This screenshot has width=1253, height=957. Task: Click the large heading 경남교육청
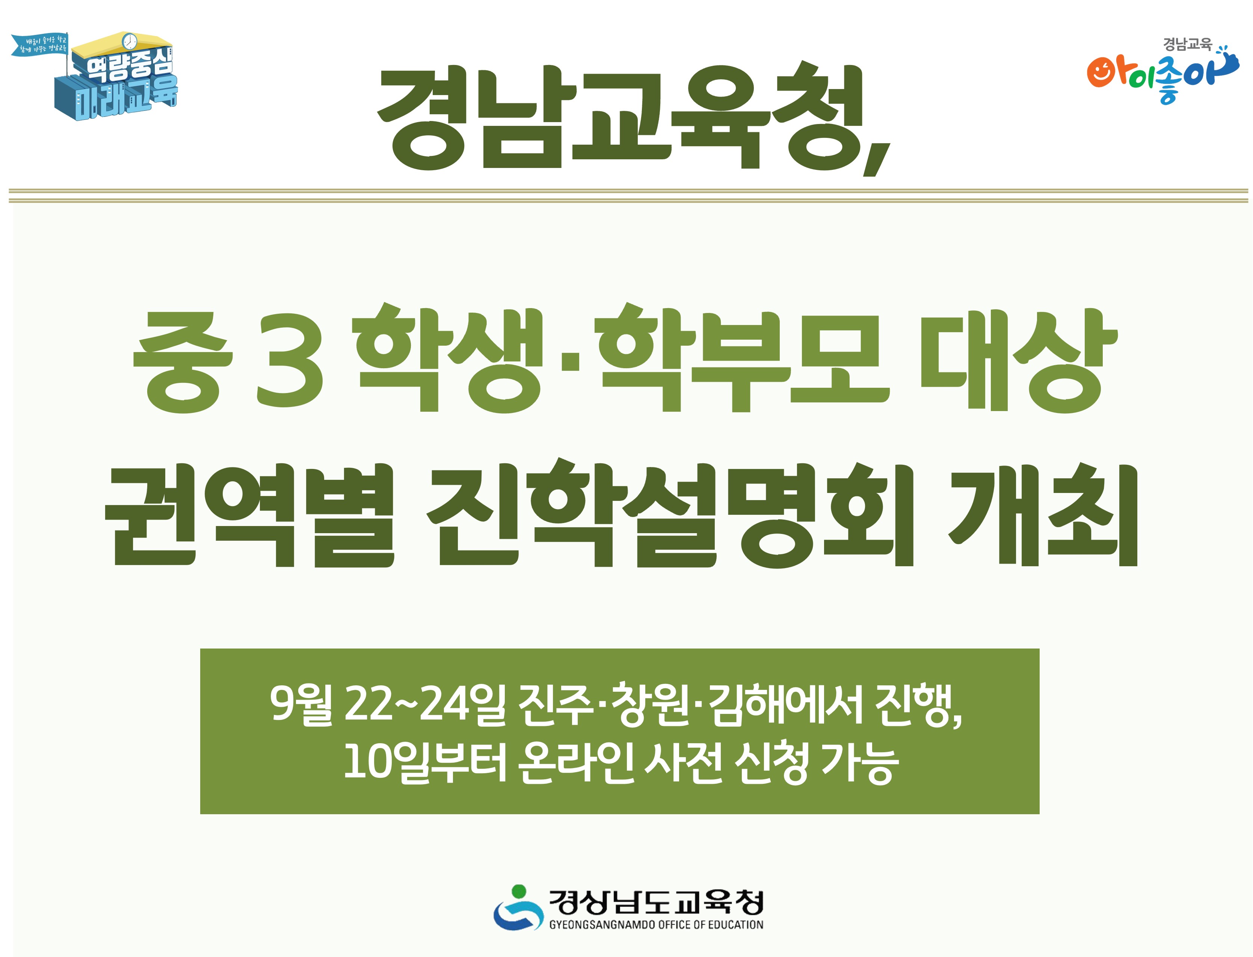pyautogui.click(x=620, y=117)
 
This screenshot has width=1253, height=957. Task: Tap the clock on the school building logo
pyautogui.click(x=130, y=41)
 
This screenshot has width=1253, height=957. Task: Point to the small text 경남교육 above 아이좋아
pyautogui.click(x=1187, y=44)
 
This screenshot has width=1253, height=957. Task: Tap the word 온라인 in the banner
pyautogui.click(x=576, y=763)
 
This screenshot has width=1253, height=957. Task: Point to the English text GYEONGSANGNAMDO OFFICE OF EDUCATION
pyautogui.click(x=656, y=925)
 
